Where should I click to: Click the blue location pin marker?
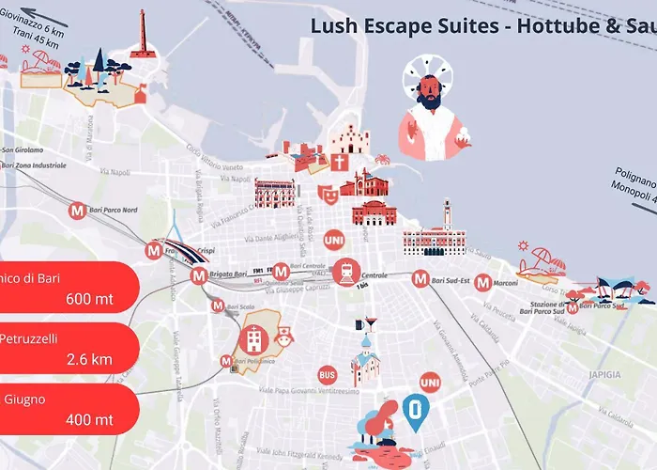coord(415,410)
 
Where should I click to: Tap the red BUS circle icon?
coord(327,374)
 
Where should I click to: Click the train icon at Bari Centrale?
coord(346,272)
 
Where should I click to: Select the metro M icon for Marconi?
coord(482,281)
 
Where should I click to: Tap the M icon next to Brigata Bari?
coord(198,276)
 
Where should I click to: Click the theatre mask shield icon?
coord(327,194)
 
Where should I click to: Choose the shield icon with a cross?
coord(340,162)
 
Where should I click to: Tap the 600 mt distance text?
coord(90,300)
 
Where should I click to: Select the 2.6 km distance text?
coord(90,359)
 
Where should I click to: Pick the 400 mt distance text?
coord(90,419)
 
